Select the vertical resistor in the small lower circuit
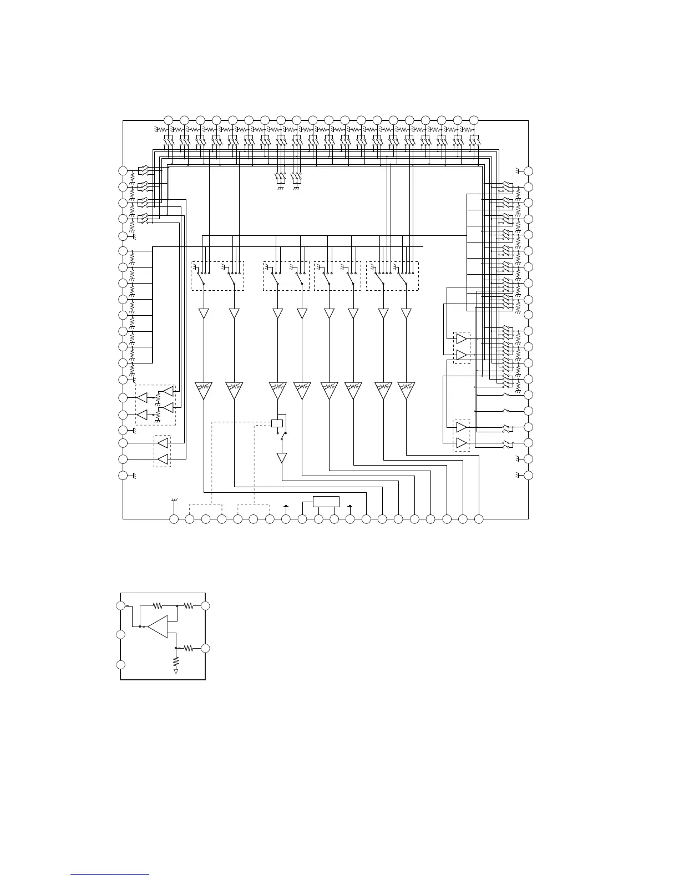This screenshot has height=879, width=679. [176, 661]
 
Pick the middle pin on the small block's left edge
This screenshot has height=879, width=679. [121, 634]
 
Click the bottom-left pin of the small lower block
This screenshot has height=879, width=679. [121, 665]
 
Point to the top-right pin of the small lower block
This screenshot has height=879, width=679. [205, 605]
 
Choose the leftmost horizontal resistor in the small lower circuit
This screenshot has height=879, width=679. [158, 605]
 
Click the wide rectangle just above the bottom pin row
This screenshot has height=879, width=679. [326, 501]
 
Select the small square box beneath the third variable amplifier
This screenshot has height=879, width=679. [277, 423]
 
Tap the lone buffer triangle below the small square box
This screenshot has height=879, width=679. [282, 458]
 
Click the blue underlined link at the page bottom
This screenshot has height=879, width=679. [110, 874]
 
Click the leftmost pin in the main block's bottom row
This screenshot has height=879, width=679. [174, 519]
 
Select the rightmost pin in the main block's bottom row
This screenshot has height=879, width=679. [479, 519]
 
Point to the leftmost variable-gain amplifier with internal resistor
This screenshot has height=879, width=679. [204, 389]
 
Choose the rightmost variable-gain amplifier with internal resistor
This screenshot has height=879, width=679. [407, 389]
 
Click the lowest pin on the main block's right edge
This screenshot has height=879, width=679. [529, 475]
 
